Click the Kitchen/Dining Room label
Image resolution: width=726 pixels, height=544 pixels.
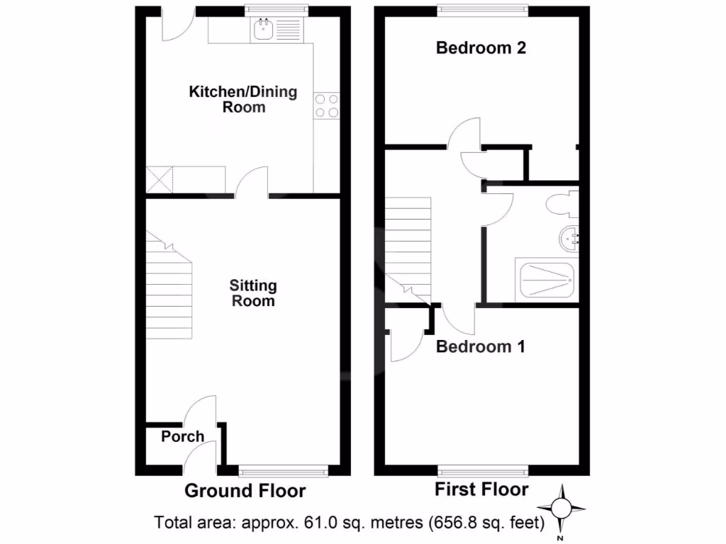tap(243, 100)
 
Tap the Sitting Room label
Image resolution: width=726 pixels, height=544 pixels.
tap(253, 293)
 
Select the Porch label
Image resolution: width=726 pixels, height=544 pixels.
tap(182, 436)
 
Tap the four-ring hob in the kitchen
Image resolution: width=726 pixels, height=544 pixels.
tap(326, 106)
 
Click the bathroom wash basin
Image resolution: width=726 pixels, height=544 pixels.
tap(569, 239)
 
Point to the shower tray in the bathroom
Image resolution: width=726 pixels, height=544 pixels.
tap(547, 280)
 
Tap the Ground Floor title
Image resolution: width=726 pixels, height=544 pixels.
tap(245, 491)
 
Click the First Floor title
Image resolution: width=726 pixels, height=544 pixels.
tap(481, 489)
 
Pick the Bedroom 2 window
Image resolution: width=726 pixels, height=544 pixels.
tap(482, 9)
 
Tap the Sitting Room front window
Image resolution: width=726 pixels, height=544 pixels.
tap(284, 470)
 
